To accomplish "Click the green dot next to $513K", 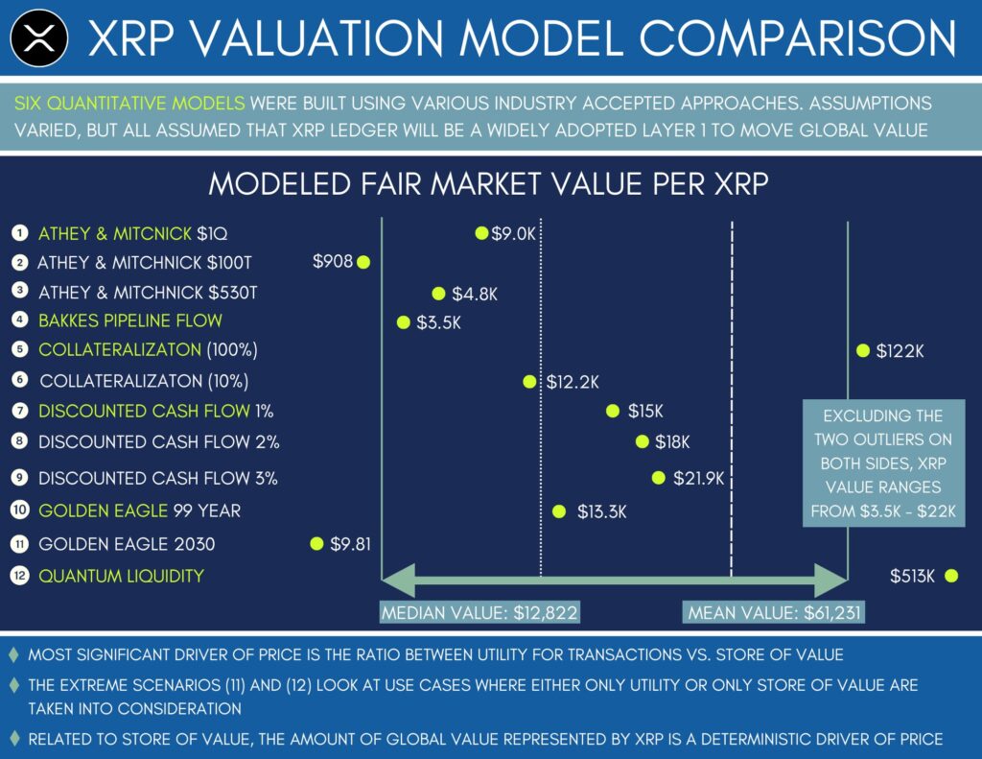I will (950, 576).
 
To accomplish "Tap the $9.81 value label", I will (350, 544).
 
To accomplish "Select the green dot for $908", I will (363, 261).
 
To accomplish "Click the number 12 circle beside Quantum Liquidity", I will (19, 576).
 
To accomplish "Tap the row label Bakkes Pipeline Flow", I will (130, 320).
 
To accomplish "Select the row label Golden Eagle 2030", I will (127, 544).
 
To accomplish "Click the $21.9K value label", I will (698, 478).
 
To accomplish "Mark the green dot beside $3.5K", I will (404, 322).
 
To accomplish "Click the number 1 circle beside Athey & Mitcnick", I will (19, 233).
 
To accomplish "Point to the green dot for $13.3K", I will (559, 511).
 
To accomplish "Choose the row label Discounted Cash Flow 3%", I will (158, 478).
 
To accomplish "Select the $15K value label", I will (645, 412).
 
